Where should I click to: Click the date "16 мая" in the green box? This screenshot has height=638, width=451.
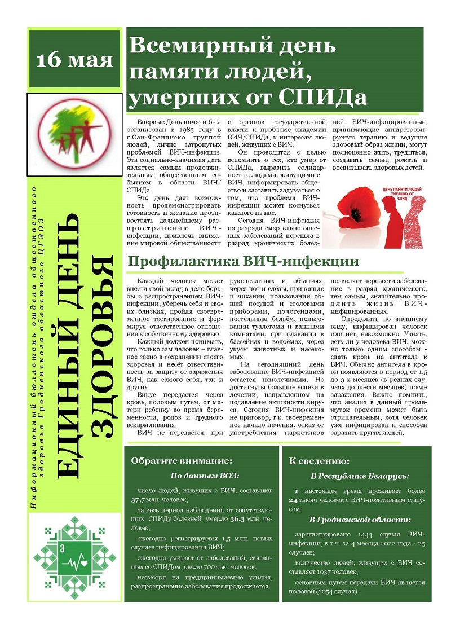75,59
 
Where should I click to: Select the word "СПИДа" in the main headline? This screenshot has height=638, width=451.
328,96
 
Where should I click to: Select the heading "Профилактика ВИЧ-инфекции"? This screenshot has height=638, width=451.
243,262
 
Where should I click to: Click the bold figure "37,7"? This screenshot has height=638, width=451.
139,500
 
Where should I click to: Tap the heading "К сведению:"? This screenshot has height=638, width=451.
319,460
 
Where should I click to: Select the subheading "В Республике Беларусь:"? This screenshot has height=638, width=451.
360,476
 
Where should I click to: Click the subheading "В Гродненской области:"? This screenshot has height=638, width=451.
360,520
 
